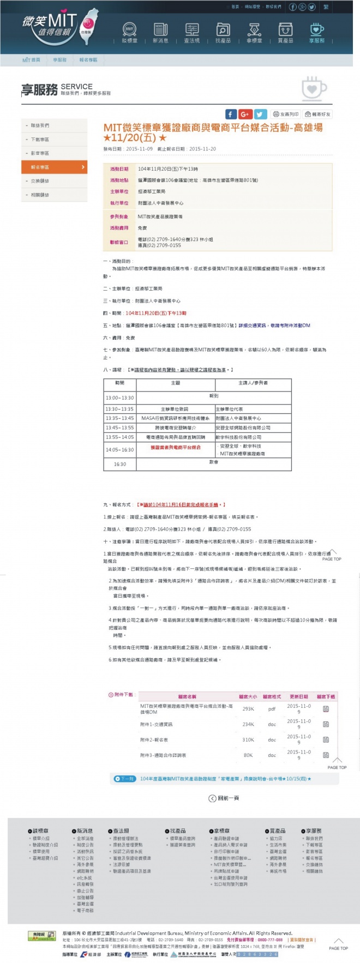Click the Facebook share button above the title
(x=231, y=114)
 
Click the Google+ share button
(x=245, y=114)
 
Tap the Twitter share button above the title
(x=260, y=114)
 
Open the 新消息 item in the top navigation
(x=160, y=33)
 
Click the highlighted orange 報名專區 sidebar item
(x=54, y=167)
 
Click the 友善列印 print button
(x=286, y=114)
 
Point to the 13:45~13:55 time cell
(x=120, y=428)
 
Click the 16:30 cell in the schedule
(x=120, y=464)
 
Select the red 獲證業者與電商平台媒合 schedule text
(x=176, y=447)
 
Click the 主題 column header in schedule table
(x=176, y=383)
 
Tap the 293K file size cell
(x=248, y=709)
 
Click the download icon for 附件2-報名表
(x=326, y=739)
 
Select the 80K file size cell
(x=248, y=755)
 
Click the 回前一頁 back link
(x=224, y=798)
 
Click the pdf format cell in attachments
(x=272, y=709)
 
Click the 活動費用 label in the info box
(x=119, y=228)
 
